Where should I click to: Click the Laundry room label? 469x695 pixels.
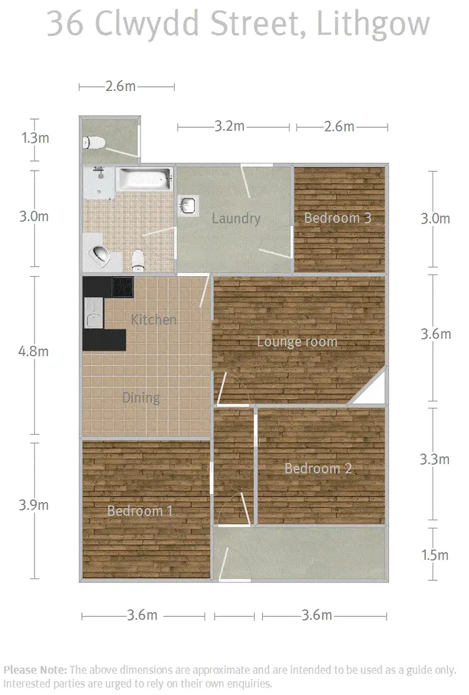pos(236,219)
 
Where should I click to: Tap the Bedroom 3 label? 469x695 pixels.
pos(338,218)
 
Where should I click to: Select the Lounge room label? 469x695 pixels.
pos(297,342)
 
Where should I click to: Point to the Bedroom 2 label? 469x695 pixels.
pos(318,468)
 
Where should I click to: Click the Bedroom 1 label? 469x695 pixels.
pos(139,511)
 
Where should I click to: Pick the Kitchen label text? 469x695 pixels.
pos(154,320)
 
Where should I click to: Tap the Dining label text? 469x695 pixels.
pos(141,398)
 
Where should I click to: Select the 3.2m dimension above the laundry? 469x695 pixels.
pos(229,126)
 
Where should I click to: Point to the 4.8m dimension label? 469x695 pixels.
pos(33,351)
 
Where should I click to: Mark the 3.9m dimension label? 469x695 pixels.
pos(33,505)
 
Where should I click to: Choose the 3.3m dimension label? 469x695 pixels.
pos(434,460)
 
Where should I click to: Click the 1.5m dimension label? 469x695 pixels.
pos(434,555)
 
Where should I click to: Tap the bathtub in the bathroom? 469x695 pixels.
pos(144,180)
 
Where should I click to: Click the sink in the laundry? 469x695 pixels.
pos(188,204)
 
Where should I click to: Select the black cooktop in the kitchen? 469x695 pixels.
pos(122,287)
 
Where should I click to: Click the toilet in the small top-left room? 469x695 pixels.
pos(94,143)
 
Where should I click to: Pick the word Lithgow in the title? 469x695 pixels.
pos(373,24)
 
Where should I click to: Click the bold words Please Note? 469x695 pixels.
pos(36,669)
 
